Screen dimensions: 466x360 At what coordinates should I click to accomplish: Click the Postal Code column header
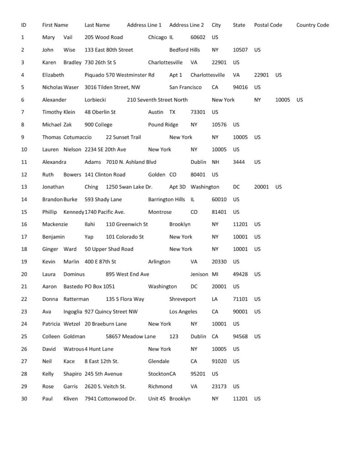point(268,25)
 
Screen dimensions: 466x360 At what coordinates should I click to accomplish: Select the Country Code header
point(312,25)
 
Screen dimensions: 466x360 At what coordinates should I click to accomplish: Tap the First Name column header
point(55,25)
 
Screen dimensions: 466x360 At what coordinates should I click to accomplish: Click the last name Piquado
point(94,75)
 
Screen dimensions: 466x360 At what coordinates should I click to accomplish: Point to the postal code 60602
point(198,37)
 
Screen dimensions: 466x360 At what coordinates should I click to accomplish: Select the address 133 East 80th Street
point(109,50)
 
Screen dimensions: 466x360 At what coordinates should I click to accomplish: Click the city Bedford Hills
point(185,50)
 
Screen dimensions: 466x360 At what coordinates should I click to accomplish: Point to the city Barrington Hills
point(167,199)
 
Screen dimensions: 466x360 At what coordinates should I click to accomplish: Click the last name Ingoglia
point(73,312)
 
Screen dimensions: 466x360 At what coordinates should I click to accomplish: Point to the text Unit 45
point(157,399)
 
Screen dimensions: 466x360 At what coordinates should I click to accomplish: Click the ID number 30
point(25,399)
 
